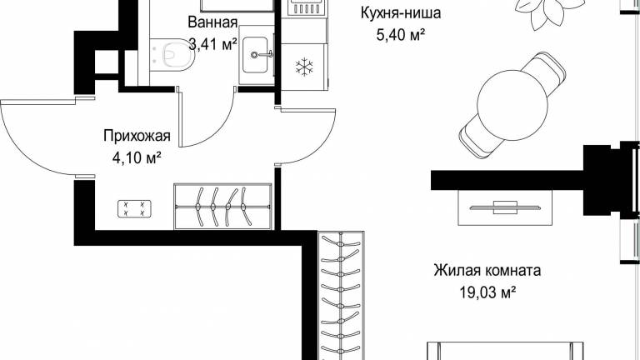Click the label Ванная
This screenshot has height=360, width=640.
pyautogui.click(x=212, y=22)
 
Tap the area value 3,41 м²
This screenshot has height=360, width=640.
pyautogui.click(x=213, y=44)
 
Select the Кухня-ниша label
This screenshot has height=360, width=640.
pyautogui.click(x=400, y=13)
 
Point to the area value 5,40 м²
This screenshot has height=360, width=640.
pyautogui.click(x=400, y=35)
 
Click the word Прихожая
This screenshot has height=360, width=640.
pyautogui.click(x=137, y=136)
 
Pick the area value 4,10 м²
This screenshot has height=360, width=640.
pyautogui.click(x=137, y=157)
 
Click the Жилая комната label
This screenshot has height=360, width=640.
pyautogui.click(x=487, y=270)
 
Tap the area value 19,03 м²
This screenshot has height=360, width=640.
pyautogui.click(x=487, y=292)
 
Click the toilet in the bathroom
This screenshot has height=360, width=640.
pyautogui.click(x=173, y=54)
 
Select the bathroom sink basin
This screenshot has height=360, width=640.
pyautogui.click(x=257, y=55)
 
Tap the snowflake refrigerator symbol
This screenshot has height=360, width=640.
pyautogui.click(x=304, y=67)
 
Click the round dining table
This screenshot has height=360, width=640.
pyautogui.click(x=512, y=107)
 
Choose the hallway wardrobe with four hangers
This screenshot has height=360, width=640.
pyautogui.click(x=222, y=207)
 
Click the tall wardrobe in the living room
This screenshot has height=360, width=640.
pyautogui.click(x=341, y=295)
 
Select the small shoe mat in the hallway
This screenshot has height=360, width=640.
pyautogui.click(x=134, y=208)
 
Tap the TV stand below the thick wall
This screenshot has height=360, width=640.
pyautogui.click(x=506, y=207)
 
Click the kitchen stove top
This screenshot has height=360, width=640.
pyautogui.click(x=307, y=7)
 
